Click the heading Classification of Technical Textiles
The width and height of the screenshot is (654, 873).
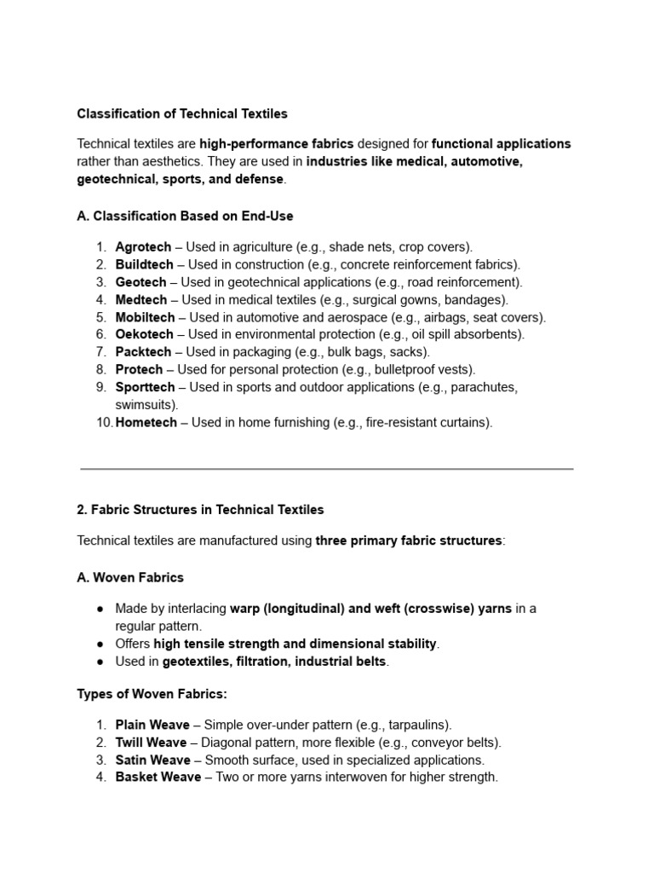[182, 113]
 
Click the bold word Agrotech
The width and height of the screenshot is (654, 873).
[143, 247]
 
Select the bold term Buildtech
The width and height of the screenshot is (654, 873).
[144, 264]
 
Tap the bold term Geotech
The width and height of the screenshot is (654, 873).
[141, 282]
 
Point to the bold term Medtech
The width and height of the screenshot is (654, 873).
[141, 300]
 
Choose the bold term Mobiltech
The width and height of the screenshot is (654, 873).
[145, 317]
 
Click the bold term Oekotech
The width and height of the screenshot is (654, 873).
[144, 334]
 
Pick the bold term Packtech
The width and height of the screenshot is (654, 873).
[143, 352]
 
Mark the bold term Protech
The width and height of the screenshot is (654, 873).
[139, 369]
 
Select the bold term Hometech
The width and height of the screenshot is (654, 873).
[146, 422]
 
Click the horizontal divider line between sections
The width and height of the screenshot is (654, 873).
[327, 468]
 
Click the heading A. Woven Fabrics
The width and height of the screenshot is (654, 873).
[130, 577]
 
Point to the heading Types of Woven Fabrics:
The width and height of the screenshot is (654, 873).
[152, 694]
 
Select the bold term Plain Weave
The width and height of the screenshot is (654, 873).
[152, 725]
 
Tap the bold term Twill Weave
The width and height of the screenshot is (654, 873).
[151, 743]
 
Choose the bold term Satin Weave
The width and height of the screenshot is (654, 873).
[152, 760]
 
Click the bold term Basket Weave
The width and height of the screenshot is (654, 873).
[158, 777]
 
